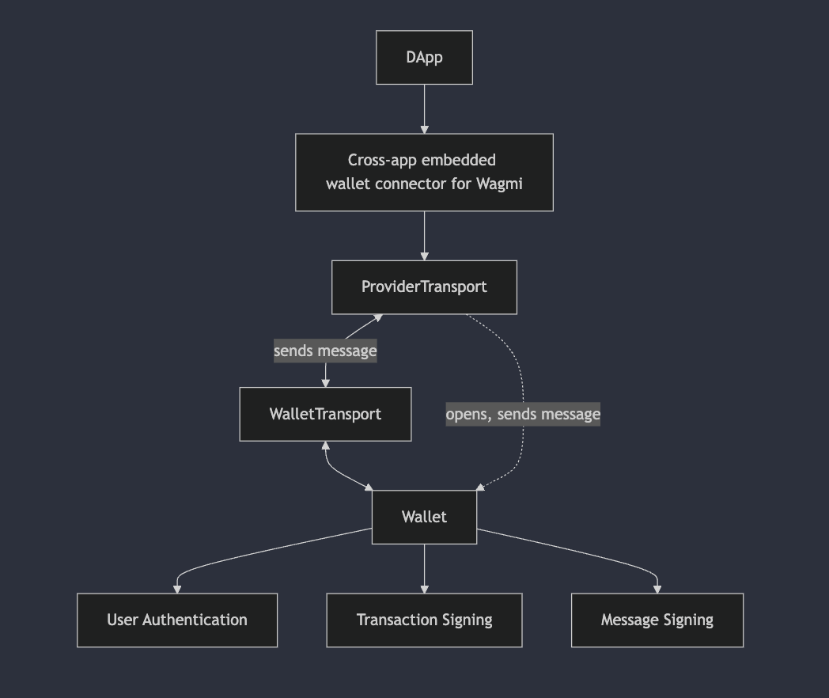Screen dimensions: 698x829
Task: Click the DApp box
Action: pos(424,58)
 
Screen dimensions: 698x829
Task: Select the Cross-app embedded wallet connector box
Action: pos(424,172)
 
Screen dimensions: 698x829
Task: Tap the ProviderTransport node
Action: pos(424,287)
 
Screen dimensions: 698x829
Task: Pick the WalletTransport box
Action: pos(325,414)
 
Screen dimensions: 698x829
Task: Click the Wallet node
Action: pos(424,517)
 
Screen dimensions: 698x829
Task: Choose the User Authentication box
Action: pos(177,620)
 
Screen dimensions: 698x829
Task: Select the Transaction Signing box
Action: pos(424,620)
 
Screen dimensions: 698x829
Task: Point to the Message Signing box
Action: pos(657,620)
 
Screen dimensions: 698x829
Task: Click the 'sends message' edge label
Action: pos(325,351)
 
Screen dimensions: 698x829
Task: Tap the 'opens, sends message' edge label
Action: pos(523,414)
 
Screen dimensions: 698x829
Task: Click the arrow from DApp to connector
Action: pos(425,108)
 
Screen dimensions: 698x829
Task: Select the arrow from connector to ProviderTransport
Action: pos(425,235)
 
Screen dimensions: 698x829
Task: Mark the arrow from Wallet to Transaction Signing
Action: pos(425,567)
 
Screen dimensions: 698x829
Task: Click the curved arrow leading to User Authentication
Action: pos(237,554)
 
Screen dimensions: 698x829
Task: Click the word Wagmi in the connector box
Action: pos(499,184)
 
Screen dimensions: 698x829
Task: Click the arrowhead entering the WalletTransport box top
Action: pos(325,382)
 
